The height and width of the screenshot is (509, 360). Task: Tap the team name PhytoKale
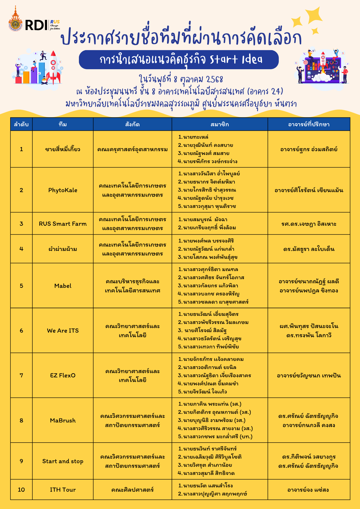[63, 190]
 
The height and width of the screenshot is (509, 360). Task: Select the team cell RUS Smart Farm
[63, 224]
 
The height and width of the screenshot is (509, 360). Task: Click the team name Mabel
[63, 286]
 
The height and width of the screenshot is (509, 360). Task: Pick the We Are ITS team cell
[63, 331]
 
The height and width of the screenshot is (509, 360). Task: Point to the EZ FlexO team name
[63, 375]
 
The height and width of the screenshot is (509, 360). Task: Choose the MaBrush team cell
[63, 420]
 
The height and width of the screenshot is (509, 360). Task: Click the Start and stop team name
[63, 461]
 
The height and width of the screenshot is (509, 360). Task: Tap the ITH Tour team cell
[63, 490]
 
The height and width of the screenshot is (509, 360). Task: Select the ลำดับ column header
[21, 124]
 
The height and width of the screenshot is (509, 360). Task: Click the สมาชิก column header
[220, 124]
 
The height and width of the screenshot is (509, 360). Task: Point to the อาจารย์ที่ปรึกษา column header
[309, 124]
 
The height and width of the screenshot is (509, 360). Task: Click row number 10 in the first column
[21, 490]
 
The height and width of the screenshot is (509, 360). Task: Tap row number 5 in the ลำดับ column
[21, 286]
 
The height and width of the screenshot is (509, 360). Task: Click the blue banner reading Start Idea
[179, 60]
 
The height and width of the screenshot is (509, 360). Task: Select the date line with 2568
[181, 79]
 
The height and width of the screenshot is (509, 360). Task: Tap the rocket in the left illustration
[53, 67]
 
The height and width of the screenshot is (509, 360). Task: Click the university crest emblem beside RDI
[16, 23]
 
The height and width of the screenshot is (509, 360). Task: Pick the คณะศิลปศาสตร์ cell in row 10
[132, 490]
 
